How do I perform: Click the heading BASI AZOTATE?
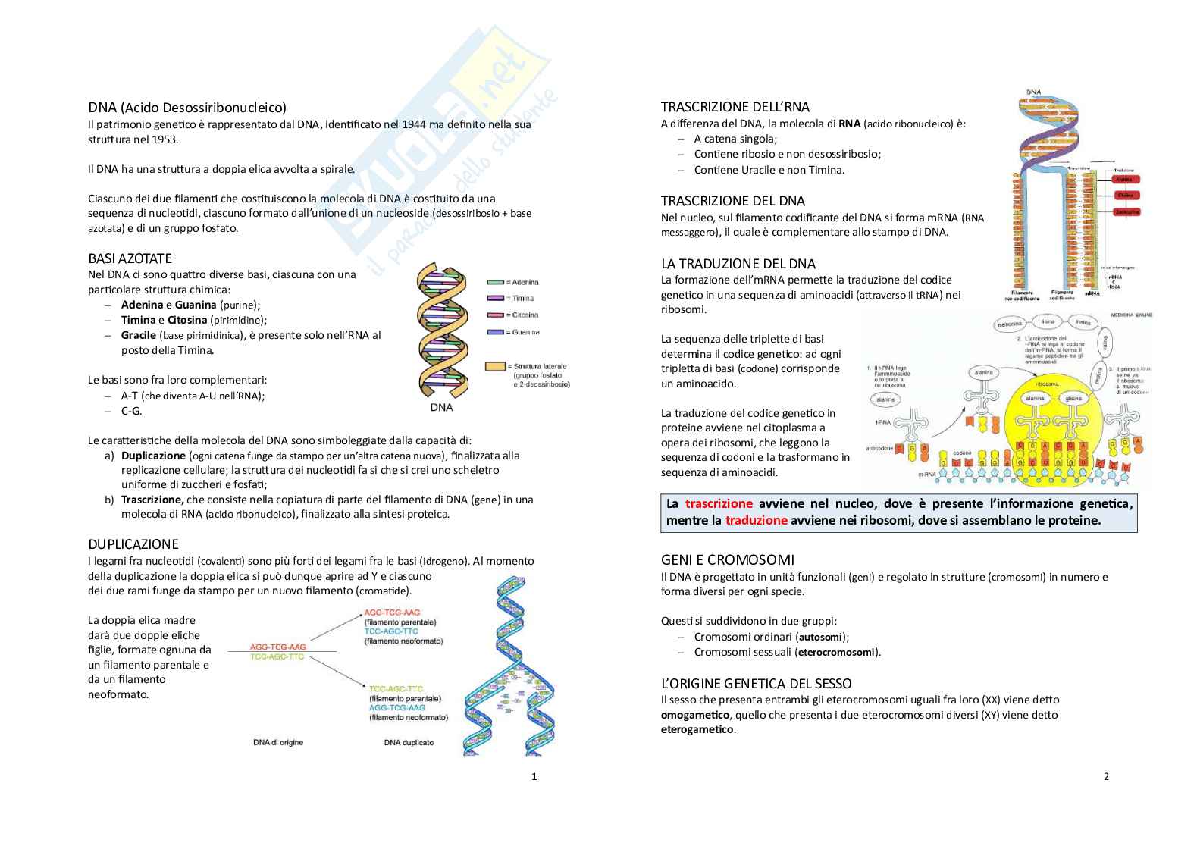(130, 258)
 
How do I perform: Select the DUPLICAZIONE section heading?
(133, 544)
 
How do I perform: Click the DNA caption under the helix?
(441, 408)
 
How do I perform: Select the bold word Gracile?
(139, 335)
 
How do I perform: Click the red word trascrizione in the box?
(719, 504)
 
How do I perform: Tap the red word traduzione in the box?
(756, 521)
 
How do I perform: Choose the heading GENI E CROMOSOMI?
(728, 560)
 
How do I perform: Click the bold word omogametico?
(694, 715)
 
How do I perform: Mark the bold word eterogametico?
(697, 730)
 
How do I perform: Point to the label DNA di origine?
(278, 743)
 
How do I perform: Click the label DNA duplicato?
(409, 743)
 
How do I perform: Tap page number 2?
(1106, 776)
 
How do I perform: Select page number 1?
(534, 776)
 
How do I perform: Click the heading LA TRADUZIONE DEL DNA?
(738, 264)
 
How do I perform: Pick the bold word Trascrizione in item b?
(152, 500)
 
